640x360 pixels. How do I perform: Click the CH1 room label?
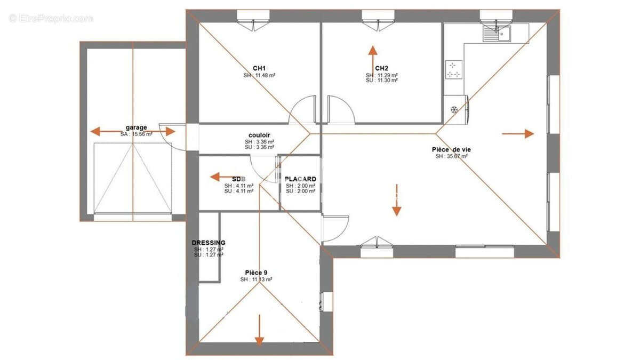[x=259, y=68]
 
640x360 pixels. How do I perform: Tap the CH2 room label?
[x=381, y=68]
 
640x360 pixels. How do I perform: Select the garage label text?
[x=136, y=127]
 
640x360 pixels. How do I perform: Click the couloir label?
[x=259, y=135]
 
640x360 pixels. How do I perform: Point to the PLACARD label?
[x=300, y=179]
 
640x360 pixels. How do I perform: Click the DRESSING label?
[x=209, y=243]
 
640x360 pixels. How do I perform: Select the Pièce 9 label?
[x=256, y=273]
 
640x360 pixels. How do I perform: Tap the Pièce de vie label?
[x=451, y=149]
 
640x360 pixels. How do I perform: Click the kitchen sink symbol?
[x=497, y=34]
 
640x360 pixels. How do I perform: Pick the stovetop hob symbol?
[x=453, y=69]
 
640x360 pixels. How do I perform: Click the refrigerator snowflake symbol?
[x=454, y=110]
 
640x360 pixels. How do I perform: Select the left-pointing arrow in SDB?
[x=220, y=177]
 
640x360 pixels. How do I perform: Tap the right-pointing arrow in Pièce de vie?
[x=518, y=133]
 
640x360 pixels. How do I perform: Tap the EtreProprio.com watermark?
[x=51, y=19]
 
